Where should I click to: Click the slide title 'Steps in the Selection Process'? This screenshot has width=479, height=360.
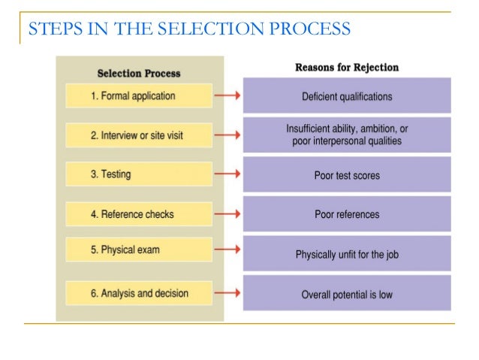(x=189, y=29)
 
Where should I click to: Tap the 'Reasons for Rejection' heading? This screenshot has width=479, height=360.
(x=347, y=68)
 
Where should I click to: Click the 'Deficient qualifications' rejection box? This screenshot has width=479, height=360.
(x=347, y=96)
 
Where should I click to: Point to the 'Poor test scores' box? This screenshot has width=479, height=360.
(x=347, y=176)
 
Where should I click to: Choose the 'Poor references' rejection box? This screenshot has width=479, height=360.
(x=347, y=215)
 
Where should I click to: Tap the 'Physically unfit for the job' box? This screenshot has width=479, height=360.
(x=347, y=255)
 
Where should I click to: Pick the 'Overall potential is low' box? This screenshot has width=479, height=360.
(x=347, y=295)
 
